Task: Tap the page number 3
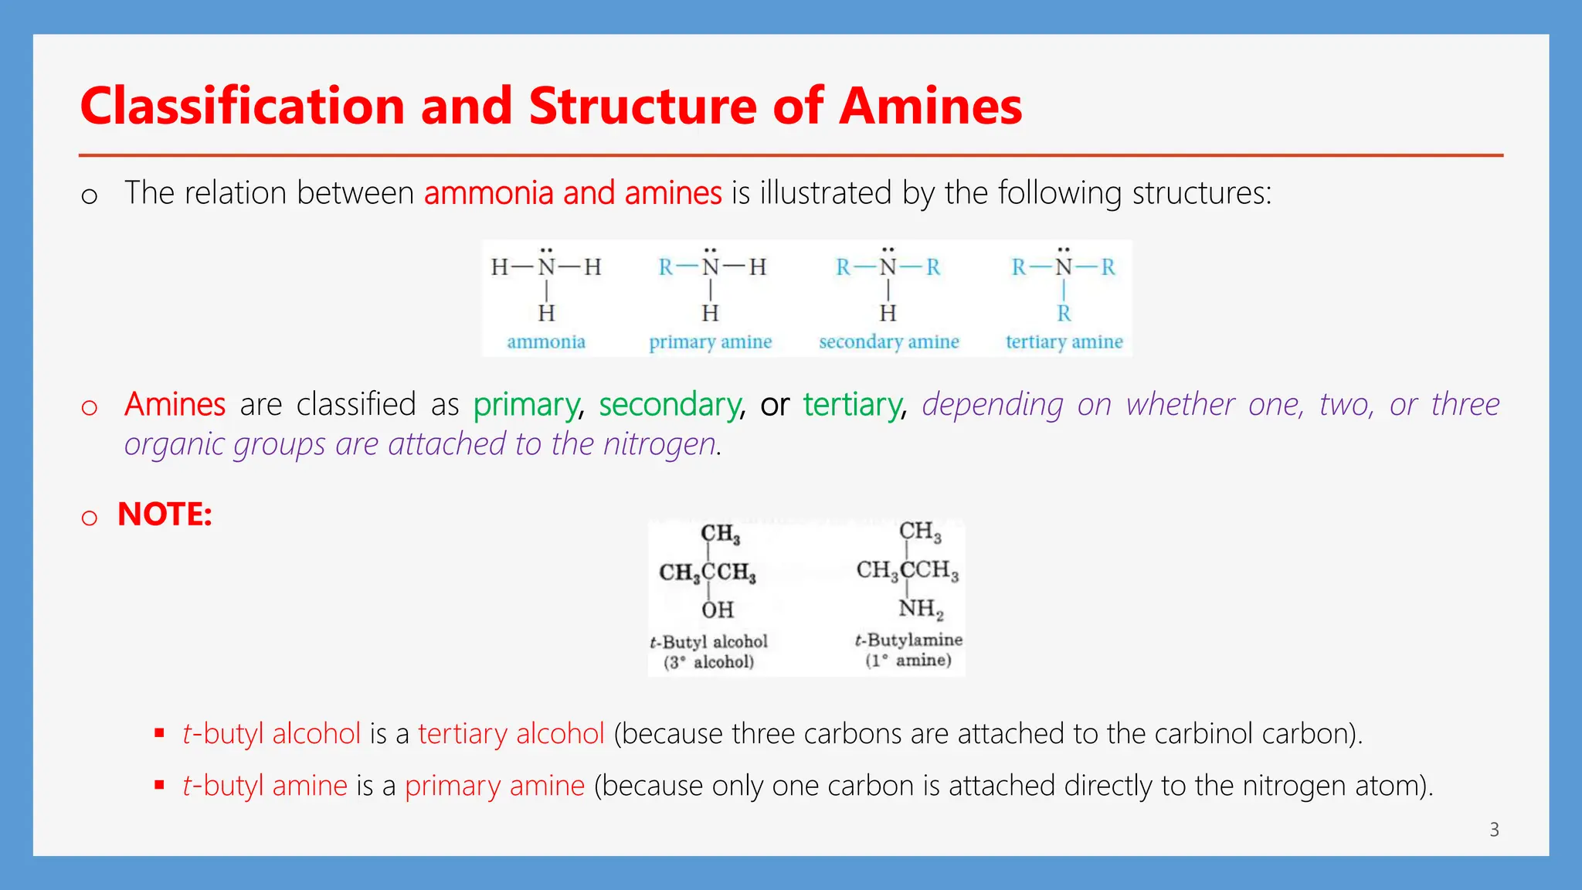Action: [1494, 830]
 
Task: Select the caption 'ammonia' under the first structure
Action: [546, 341]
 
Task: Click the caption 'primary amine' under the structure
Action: [710, 341]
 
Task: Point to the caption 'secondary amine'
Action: [889, 341]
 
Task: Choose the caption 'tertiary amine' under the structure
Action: [1064, 341]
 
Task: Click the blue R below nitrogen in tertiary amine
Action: [1064, 314]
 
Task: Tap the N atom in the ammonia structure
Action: [547, 267]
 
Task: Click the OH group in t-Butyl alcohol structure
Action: [718, 610]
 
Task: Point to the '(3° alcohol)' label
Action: [708, 662]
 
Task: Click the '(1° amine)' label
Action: [908, 661]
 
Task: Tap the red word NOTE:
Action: [165, 515]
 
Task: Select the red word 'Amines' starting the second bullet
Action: [175, 405]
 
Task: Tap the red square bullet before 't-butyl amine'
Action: [159, 785]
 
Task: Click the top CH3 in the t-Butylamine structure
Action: [920, 532]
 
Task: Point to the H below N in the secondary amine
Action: [888, 314]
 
